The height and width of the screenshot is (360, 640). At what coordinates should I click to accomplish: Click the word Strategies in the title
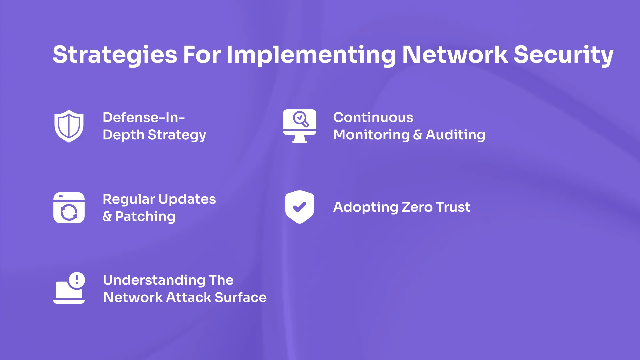[115, 55]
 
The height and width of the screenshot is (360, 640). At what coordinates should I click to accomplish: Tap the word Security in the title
[563, 55]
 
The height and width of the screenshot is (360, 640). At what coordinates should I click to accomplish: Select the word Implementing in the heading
[311, 55]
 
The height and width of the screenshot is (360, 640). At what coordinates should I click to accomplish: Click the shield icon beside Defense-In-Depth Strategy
[69, 126]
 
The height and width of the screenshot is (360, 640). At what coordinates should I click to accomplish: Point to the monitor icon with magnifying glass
[300, 126]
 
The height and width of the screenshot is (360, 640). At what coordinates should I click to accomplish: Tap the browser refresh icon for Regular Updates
[69, 208]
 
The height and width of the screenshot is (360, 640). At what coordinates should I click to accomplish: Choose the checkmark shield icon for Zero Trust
[300, 207]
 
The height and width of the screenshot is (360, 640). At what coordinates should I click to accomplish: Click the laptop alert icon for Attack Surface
[69, 289]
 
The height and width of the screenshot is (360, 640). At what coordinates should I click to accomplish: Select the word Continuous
[373, 117]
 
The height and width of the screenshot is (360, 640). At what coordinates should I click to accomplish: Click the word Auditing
[455, 135]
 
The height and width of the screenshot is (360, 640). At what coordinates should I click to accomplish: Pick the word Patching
[145, 217]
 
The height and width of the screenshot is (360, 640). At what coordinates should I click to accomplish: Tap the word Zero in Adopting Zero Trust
[417, 207]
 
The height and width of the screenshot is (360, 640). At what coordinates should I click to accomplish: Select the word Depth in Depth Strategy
[123, 135]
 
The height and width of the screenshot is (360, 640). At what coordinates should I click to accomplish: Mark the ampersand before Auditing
[417, 135]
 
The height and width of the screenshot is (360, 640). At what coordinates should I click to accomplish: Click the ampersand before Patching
[107, 217]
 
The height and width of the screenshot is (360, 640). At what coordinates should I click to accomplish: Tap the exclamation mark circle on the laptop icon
[77, 280]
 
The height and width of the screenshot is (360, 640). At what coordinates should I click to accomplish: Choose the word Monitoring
[371, 135]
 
